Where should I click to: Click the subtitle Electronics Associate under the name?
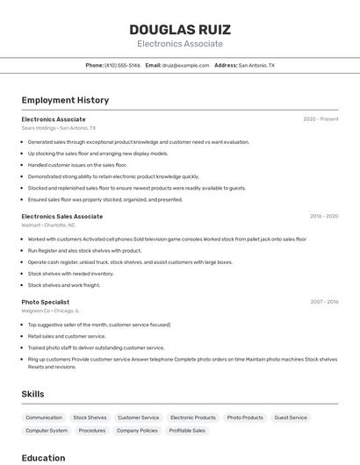[x=180, y=44]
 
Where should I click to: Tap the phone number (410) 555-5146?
[x=122, y=66]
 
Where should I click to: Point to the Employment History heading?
[x=65, y=101]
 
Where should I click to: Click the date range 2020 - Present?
[x=320, y=119]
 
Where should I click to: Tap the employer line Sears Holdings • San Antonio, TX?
[x=59, y=128]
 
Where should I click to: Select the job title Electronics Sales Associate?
[x=62, y=216]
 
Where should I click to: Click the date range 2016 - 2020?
[x=324, y=216]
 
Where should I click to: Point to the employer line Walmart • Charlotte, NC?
[x=48, y=225]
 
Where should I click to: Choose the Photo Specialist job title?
[x=47, y=302]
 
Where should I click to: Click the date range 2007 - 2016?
[x=324, y=302]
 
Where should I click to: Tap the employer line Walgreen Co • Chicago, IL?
[x=51, y=311]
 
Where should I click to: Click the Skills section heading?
[x=32, y=394]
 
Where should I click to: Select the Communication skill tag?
[x=44, y=418]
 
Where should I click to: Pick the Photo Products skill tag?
[x=245, y=418]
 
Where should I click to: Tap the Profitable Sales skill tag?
[x=187, y=431]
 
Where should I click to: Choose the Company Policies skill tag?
[x=137, y=431]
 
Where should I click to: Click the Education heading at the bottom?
[x=43, y=457]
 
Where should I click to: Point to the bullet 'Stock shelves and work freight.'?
[x=64, y=285]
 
